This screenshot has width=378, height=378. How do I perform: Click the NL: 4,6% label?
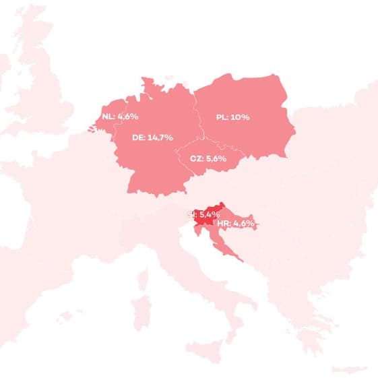tap(120, 117)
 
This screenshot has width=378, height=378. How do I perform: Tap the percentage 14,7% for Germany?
tap(160, 137)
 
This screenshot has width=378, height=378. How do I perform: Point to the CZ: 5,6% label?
tap(207, 160)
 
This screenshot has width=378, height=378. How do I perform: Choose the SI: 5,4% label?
tap(203, 214)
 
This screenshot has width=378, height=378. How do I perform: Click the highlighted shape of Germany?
tap(148, 165)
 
